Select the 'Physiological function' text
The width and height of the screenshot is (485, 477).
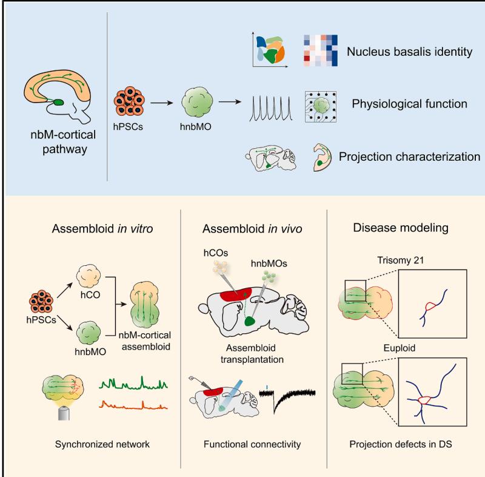point(409,104)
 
